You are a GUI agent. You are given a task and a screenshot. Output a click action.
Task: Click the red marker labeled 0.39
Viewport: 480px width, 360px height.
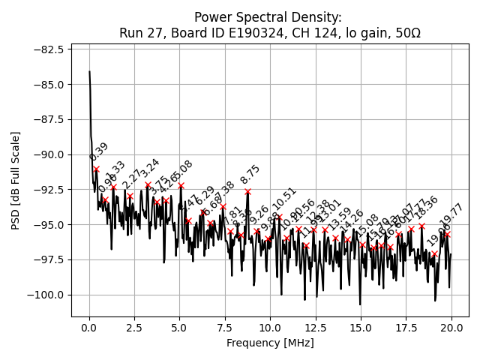pyautogui.click(x=96, y=169)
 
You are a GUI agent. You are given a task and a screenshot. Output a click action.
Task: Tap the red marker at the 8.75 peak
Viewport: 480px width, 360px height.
pyautogui.click(x=247, y=191)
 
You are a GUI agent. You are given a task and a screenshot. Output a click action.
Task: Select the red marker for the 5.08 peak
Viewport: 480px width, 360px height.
pyautogui.click(x=181, y=185)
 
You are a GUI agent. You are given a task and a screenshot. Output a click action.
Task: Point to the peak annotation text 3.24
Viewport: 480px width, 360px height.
pyautogui.click(x=150, y=169)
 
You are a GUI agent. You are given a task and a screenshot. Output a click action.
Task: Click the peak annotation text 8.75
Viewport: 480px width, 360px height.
pyautogui.click(x=250, y=175)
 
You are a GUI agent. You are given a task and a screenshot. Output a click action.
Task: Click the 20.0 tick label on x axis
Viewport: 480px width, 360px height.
pyautogui.click(x=451, y=328)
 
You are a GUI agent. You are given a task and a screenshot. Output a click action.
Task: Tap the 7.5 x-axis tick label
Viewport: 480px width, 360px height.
pyautogui.click(x=225, y=328)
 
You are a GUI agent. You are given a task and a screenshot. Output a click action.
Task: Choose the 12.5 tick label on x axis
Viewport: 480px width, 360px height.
pyautogui.click(x=316, y=328)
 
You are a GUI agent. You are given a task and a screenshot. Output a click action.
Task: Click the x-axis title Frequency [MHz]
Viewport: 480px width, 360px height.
pyautogui.click(x=270, y=343)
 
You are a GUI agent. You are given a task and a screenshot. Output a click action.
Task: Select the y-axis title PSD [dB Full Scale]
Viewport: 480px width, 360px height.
pyautogui.click(x=15, y=180)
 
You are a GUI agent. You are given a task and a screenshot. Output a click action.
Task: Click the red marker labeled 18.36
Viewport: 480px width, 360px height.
pyautogui.click(x=421, y=226)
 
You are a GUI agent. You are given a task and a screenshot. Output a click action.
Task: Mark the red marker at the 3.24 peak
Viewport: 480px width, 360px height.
pyautogui.click(x=148, y=184)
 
